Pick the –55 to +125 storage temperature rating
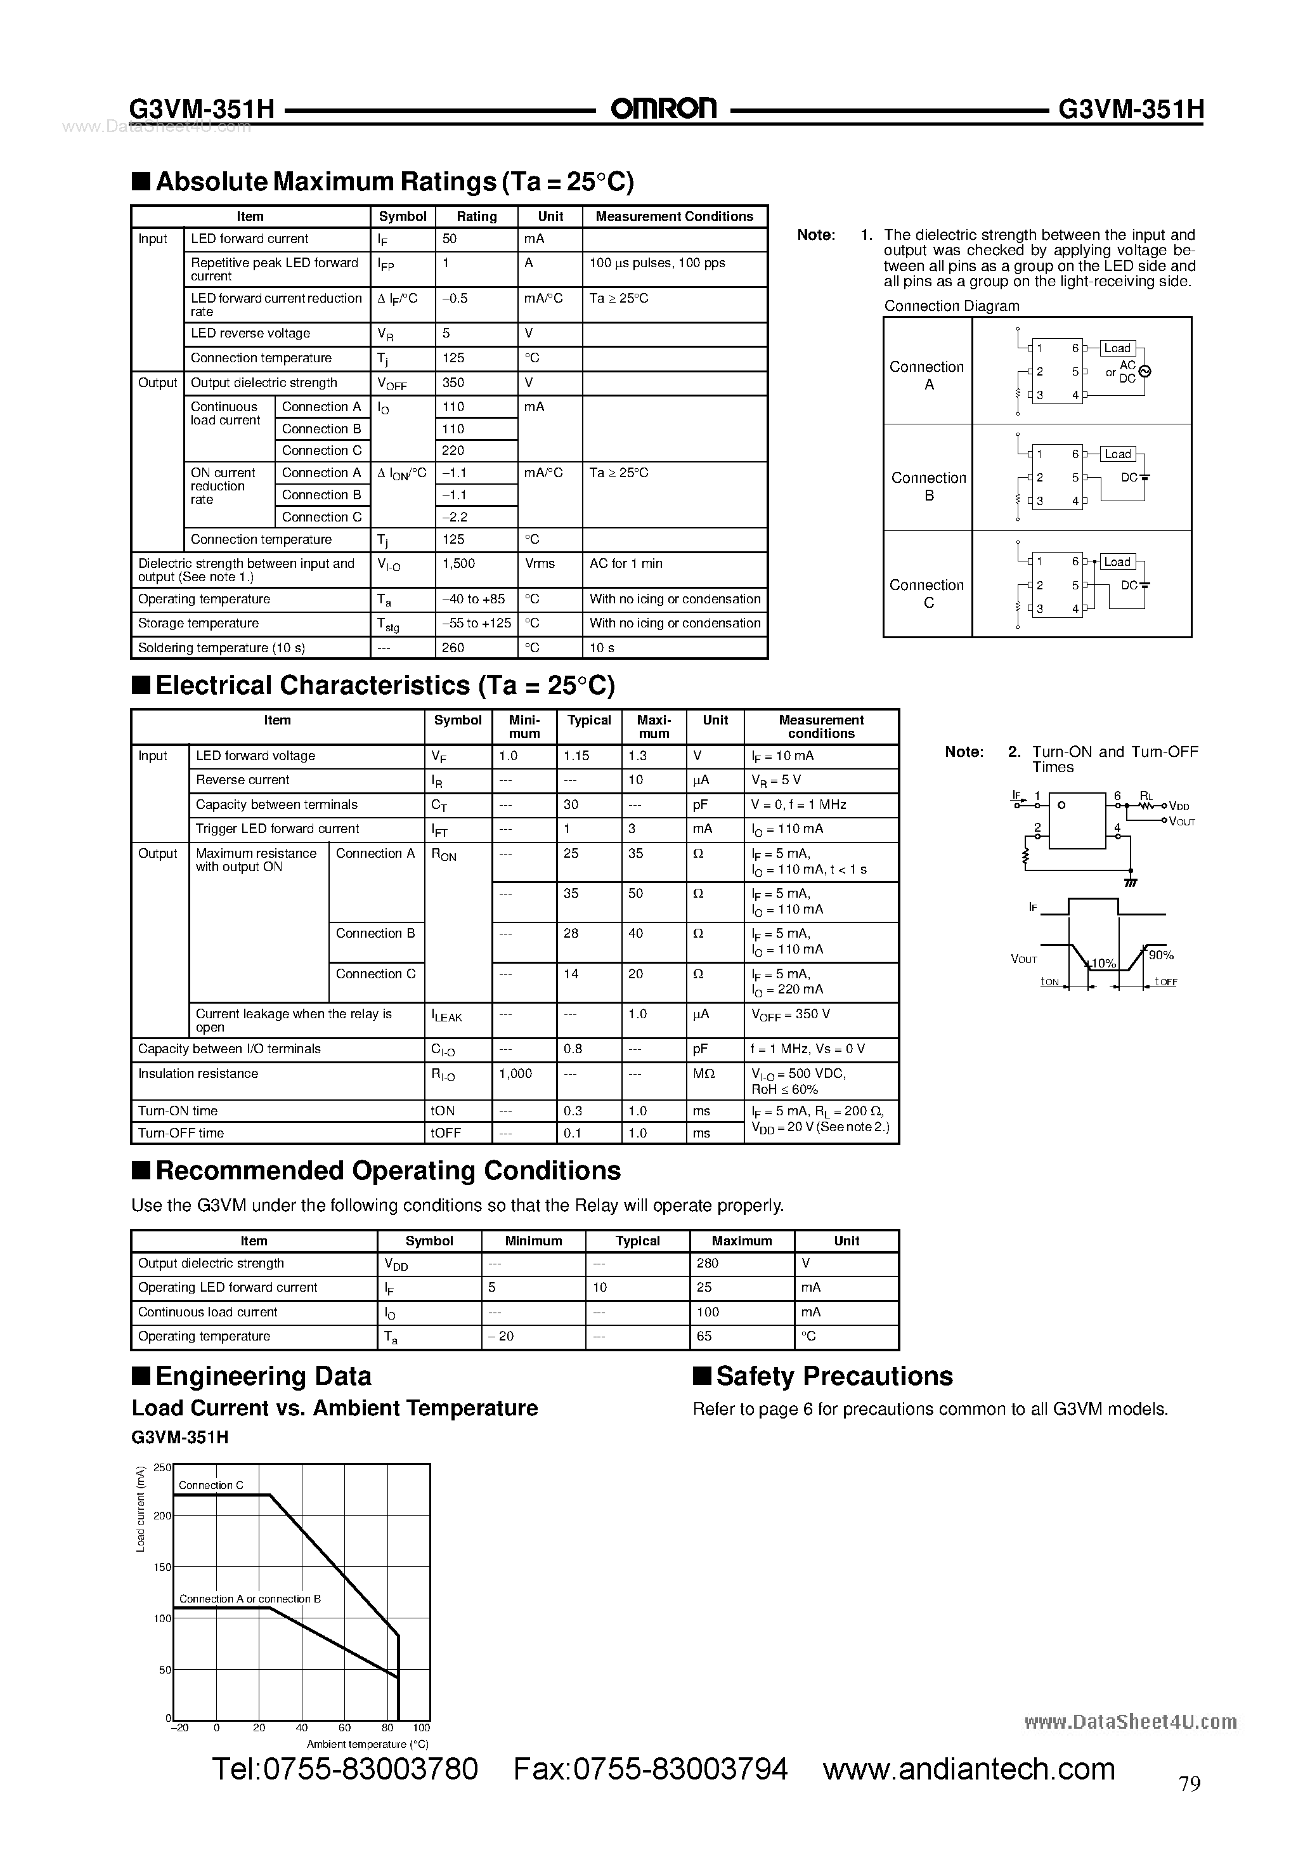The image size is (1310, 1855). tap(477, 623)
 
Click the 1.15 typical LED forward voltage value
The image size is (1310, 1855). tap(576, 756)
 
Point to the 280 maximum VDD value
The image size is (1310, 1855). tap(708, 1263)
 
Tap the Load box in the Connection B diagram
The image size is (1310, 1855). tap(1118, 454)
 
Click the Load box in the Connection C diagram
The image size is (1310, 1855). tap(1117, 561)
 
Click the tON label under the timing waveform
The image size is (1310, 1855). tap(1049, 981)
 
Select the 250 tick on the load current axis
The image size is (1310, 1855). tap(162, 1468)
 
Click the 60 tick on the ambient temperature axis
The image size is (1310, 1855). tap(345, 1728)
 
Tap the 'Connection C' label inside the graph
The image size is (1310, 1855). tap(211, 1485)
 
